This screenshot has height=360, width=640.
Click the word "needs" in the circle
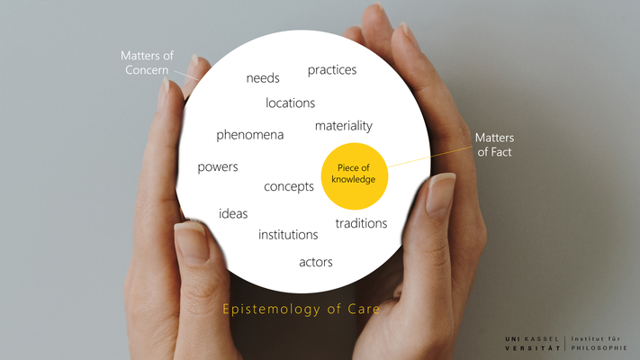263,78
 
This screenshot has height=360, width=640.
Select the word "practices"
332,70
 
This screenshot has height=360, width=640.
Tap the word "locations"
290,103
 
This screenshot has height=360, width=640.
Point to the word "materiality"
343,126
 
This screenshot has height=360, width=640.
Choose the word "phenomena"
249,135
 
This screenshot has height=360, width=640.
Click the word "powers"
218,167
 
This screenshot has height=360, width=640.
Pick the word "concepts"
288,187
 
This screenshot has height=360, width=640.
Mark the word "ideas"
233,214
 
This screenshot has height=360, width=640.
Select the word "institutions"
288,235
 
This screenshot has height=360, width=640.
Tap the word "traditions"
361,223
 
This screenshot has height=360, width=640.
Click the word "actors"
316,263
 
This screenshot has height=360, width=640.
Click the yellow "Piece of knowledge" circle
354,175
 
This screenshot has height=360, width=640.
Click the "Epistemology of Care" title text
302,310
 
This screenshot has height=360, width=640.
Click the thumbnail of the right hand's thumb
440,193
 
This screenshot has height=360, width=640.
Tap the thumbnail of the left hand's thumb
192,240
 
